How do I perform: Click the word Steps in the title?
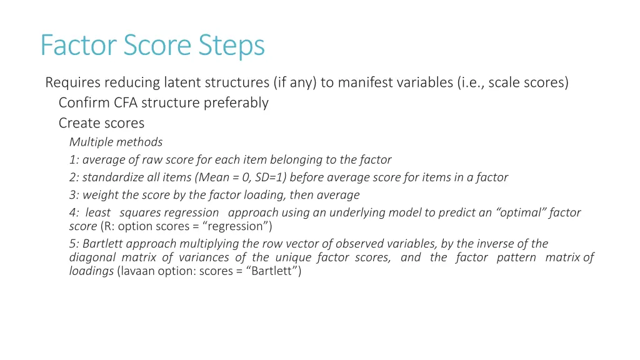click(x=232, y=45)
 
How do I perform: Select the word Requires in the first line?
click(x=72, y=82)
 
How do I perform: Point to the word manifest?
click(x=365, y=82)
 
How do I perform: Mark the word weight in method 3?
click(x=100, y=194)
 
